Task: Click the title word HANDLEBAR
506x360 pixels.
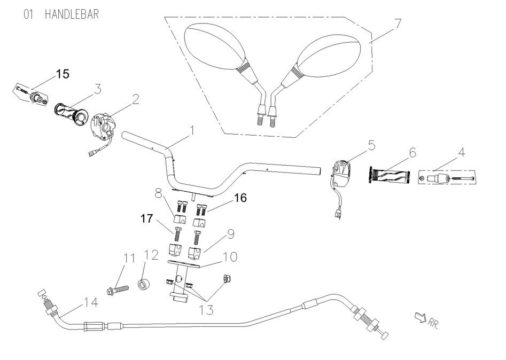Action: point(72,13)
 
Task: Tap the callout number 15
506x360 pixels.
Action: point(63,74)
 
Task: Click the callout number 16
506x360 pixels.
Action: point(240,198)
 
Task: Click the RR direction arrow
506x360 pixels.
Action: point(421,319)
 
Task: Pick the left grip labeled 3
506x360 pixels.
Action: point(71,112)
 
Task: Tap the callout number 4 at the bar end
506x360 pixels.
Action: point(462,152)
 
